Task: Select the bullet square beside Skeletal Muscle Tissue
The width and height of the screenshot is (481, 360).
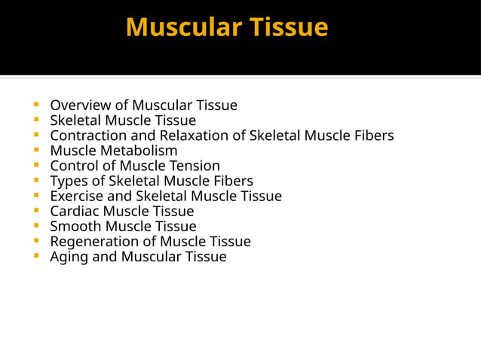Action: coord(36,121)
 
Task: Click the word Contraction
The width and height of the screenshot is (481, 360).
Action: coord(87,136)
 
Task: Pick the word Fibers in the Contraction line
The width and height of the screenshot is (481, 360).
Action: coord(372,136)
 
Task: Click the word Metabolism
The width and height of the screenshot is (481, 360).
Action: coord(139,151)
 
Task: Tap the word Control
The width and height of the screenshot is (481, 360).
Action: coord(73,166)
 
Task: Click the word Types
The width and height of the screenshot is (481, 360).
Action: coord(68,181)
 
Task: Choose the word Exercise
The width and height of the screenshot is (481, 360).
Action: coord(77,196)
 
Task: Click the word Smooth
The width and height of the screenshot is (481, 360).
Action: coord(75,226)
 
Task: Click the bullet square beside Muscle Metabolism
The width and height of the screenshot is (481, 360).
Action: coord(36,151)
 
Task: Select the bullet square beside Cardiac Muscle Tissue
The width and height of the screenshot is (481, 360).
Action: coord(36,211)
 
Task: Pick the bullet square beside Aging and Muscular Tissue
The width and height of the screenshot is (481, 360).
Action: coord(36,256)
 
